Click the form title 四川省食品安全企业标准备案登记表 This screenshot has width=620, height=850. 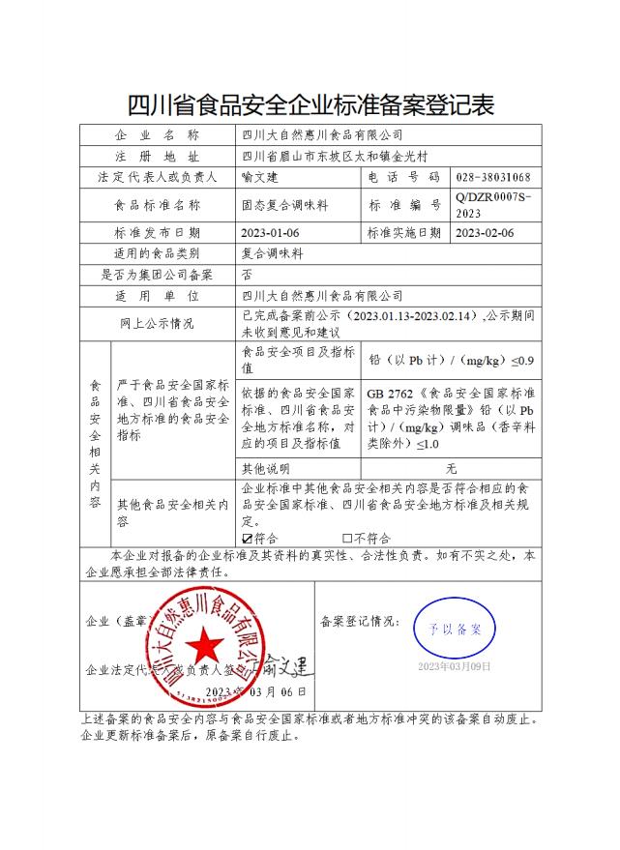(x=310, y=103)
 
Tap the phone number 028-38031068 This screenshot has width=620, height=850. (x=492, y=178)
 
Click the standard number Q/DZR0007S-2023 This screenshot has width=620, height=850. (x=492, y=205)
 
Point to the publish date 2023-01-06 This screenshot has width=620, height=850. (x=271, y=233)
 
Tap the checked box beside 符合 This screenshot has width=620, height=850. (x=248, y=538)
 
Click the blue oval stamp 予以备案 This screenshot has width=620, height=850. (x=454, y=630)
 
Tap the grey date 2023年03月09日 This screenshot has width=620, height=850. (x=454, y=667)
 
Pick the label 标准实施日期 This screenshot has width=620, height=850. (x=405, y=233)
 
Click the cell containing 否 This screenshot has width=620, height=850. (x=247, y=275)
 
